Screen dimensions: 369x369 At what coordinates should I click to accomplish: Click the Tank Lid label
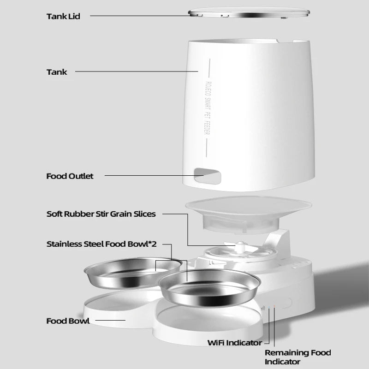(63, 16)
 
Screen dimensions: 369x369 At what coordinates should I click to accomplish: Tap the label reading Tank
(56, 71)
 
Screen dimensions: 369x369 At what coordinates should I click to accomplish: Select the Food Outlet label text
(70, 176)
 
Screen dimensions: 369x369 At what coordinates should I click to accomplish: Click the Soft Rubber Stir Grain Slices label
(101, 214)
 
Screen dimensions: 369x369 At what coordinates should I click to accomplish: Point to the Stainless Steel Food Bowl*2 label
(101, 244)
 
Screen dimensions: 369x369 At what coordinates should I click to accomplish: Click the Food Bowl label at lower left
(68, 321)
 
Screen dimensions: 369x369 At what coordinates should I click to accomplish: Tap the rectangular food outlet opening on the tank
(207, 175)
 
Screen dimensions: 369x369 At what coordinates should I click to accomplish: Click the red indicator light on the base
(274, 306)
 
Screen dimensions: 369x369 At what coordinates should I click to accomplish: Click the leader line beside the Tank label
(136, 71)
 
